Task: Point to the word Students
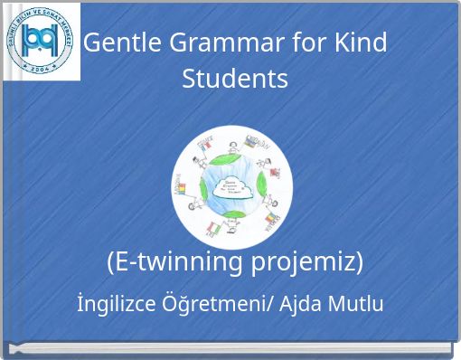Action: click(x=235, y=79)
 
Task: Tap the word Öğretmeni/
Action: click(x=219, y=304)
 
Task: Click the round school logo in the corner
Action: click(x=41, y=42)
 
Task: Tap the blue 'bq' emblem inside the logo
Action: click(x=41, y=39)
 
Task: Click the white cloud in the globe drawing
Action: click(x=231, y=187)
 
